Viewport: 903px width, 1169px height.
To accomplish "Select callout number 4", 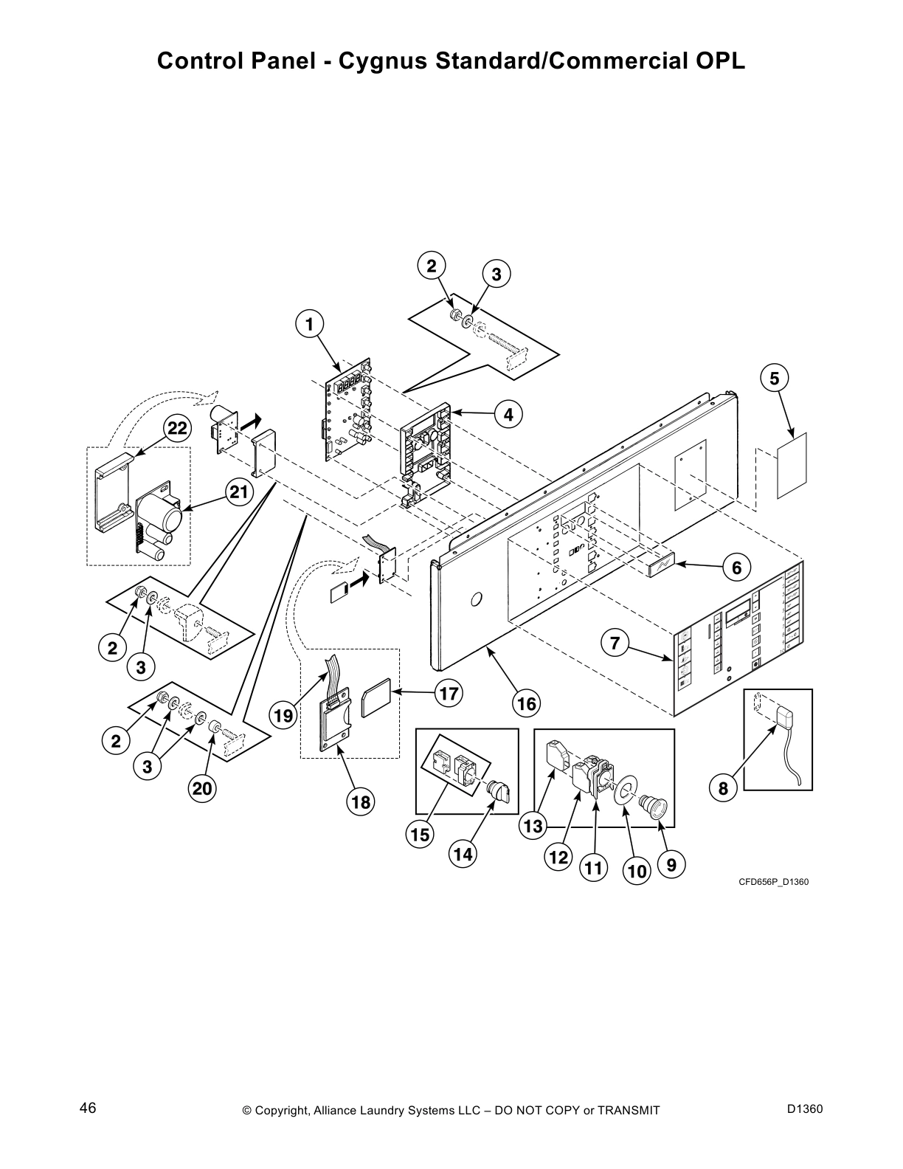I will pos(508,414).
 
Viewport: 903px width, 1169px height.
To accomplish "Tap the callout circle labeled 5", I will pos(774,379).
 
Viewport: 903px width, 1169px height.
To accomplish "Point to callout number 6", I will pos(736,568).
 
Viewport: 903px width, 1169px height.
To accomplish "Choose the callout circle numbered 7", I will pos(615,643).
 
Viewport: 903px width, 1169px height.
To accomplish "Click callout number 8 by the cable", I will pos(723,789).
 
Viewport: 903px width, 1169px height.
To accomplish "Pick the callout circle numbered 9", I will pos(671,864).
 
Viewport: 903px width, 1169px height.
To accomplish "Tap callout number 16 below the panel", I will pos(527,703).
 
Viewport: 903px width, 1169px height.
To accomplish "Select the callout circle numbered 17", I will pos(449,693).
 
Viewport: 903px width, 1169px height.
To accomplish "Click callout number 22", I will pos(177,429).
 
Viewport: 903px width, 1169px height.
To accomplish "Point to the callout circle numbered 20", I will pos(202,789).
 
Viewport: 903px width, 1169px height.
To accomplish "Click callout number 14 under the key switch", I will pos(463,855).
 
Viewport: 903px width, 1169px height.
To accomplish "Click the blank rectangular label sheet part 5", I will pos(792,466).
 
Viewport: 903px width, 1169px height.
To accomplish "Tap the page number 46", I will pos(88,1108).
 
